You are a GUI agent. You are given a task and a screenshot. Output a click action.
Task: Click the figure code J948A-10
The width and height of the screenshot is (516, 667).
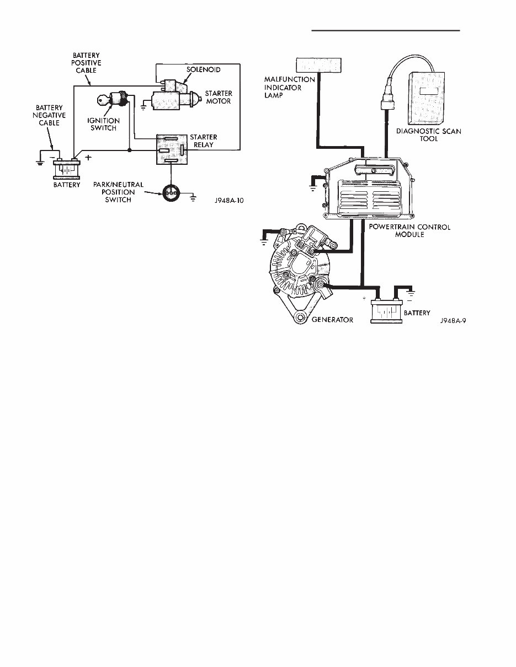pyautogui.click(x=228, y=202)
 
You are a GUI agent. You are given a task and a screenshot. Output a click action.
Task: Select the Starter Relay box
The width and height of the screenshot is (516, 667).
pyautogui.click(x=172, y=149)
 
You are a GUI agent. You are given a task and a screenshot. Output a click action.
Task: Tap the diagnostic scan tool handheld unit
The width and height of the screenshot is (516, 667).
pyautogui.click(x=428, y=98)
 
